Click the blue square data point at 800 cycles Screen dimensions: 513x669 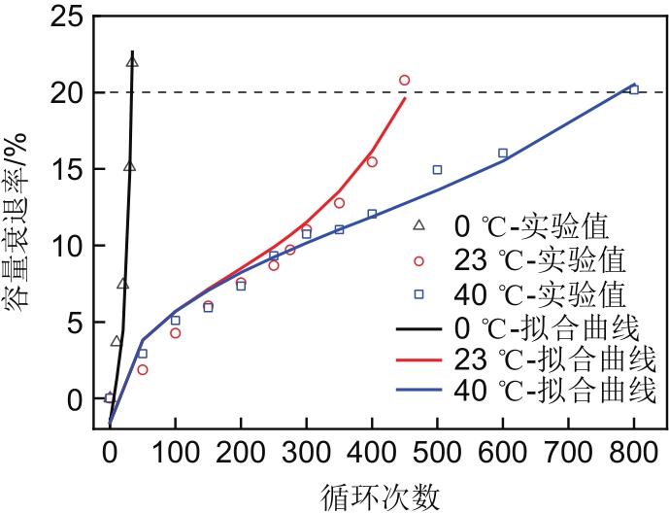pos(634,89)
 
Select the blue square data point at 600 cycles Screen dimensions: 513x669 pos(503,153)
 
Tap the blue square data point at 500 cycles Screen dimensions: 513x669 pos(437,169)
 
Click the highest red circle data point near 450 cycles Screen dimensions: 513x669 pos(405,81)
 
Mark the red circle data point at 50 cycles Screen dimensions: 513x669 pos(143,369)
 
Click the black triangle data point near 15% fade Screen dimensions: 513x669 pos(130,166)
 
